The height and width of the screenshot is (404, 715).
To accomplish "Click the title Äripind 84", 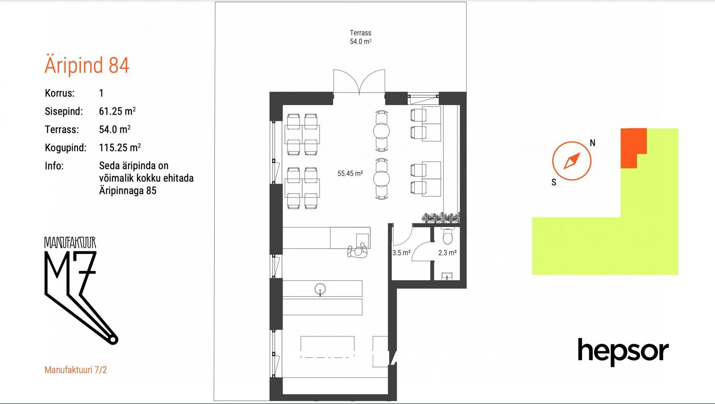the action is tap(87, 65).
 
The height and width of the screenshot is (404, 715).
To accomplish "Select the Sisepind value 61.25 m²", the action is tap(117, 111).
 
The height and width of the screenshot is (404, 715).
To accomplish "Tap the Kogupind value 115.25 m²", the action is tap(120, 147).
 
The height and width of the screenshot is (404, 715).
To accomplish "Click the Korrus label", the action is tap(60, 93).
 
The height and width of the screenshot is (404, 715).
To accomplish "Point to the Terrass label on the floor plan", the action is tap(360, 33).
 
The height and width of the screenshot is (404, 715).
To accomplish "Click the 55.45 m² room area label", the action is tap(350, 174).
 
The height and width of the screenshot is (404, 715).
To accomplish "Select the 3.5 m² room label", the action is tap(401, 253).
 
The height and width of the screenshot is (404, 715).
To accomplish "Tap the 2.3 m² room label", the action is tap(447, 253).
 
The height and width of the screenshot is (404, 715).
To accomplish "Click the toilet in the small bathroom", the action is tap(447, 234).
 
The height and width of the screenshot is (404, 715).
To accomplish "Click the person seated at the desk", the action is tap(357, 251).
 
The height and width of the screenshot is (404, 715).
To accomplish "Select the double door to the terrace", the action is tap(359, 82).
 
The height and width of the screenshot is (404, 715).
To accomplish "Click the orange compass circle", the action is tap(572, 161).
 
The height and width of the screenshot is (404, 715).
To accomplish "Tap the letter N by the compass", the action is tap(592, 143).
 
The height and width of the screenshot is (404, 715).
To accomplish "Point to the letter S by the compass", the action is tap(554, 182).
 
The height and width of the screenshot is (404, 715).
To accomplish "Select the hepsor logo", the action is tap(623, 352).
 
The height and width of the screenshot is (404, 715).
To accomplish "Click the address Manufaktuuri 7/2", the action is tap(76, 370).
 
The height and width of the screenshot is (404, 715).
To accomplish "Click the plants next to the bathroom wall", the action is tap(441, 218).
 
